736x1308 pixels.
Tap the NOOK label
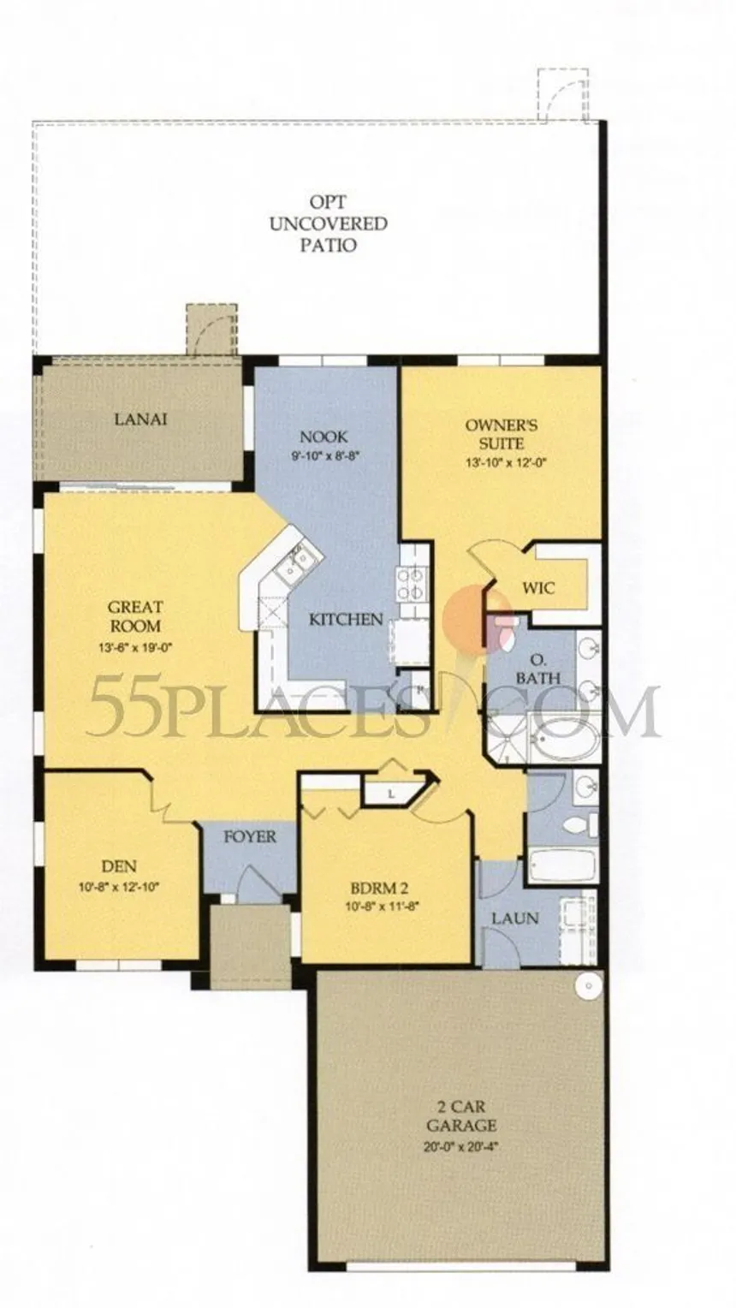click(323, 437)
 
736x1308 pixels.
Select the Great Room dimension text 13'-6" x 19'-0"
click(134, 646)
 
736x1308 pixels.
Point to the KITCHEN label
click(346, 618)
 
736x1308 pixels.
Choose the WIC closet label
click(538, 587)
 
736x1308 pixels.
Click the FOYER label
click(250, 836)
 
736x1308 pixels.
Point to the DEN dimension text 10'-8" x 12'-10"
click(119, 886)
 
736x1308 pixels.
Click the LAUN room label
click(515, 918)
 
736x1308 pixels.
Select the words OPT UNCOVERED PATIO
click(328, 223)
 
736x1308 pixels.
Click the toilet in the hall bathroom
click(580, 824)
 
